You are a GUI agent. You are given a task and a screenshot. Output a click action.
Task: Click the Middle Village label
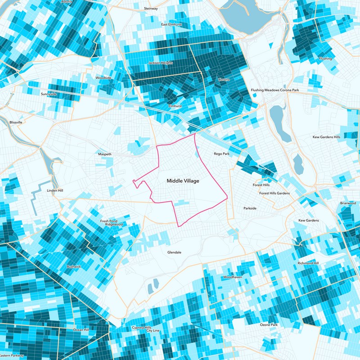[183, 180]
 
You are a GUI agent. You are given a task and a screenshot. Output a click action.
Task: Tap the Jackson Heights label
[161, 63]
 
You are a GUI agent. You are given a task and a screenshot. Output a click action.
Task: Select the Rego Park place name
[221, 154]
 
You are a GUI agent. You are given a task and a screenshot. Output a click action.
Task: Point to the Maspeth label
[104, 154]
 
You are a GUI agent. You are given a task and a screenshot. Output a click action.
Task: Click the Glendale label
[174, 252]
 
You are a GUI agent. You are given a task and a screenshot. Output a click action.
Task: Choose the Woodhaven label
[232, 277]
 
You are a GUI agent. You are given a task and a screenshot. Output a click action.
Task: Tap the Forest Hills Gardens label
[274, 193]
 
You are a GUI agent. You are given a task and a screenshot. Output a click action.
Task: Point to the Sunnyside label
[49, 94]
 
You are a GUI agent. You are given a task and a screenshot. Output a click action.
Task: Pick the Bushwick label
[74, 266]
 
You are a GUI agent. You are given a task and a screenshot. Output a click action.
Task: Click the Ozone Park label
[270, 324]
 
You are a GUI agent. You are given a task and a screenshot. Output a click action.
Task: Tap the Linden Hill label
[55, 190]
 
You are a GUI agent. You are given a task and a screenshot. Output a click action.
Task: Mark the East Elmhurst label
[171, 24]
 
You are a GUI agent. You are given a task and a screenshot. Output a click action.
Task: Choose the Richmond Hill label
[308, 263]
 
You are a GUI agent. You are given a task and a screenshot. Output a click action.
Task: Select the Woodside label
[103, 77]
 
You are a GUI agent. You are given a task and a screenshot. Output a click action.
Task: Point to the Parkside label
[250, 208]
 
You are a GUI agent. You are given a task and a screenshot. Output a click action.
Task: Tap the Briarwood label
[348, 203]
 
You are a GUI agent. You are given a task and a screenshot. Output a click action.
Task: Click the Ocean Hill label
[81, 330]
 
